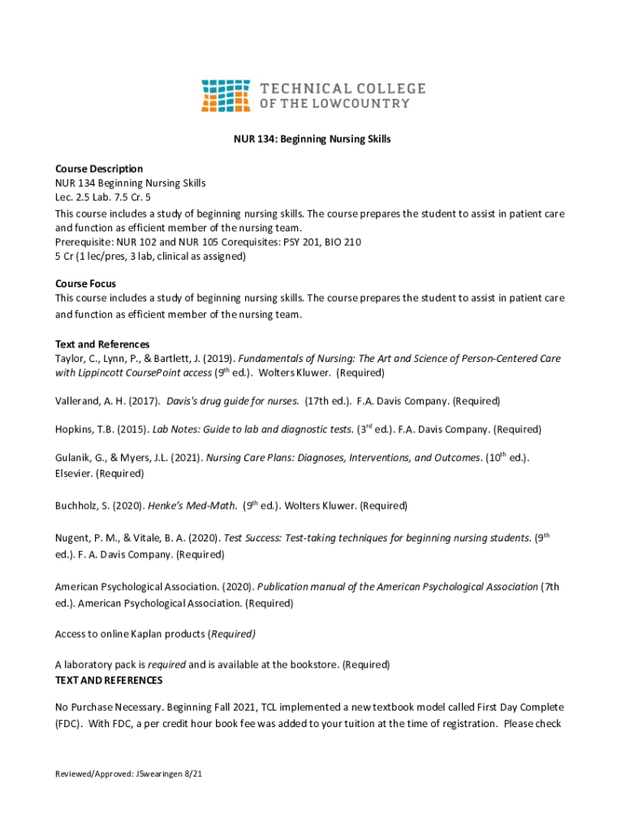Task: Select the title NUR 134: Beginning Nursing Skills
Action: pyautogui.click(x=312, y=140)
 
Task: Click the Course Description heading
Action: pyautogui.click(x=99, y=169)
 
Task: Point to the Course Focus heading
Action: pyautogui.click(x=85, y=284)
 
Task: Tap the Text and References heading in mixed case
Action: pyautogui.click(x=102, y=344)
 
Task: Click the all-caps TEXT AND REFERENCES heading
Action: pyautogui.click(x=109, y=680)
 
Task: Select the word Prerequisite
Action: pyautogui.click(x=83, y=242)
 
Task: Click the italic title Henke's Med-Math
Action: pyautogui.click(x=192, y=506)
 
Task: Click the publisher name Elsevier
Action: pyautogui.click(x=74, y=473)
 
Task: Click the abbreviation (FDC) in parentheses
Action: pyautogui.click(x=68, y=723)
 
